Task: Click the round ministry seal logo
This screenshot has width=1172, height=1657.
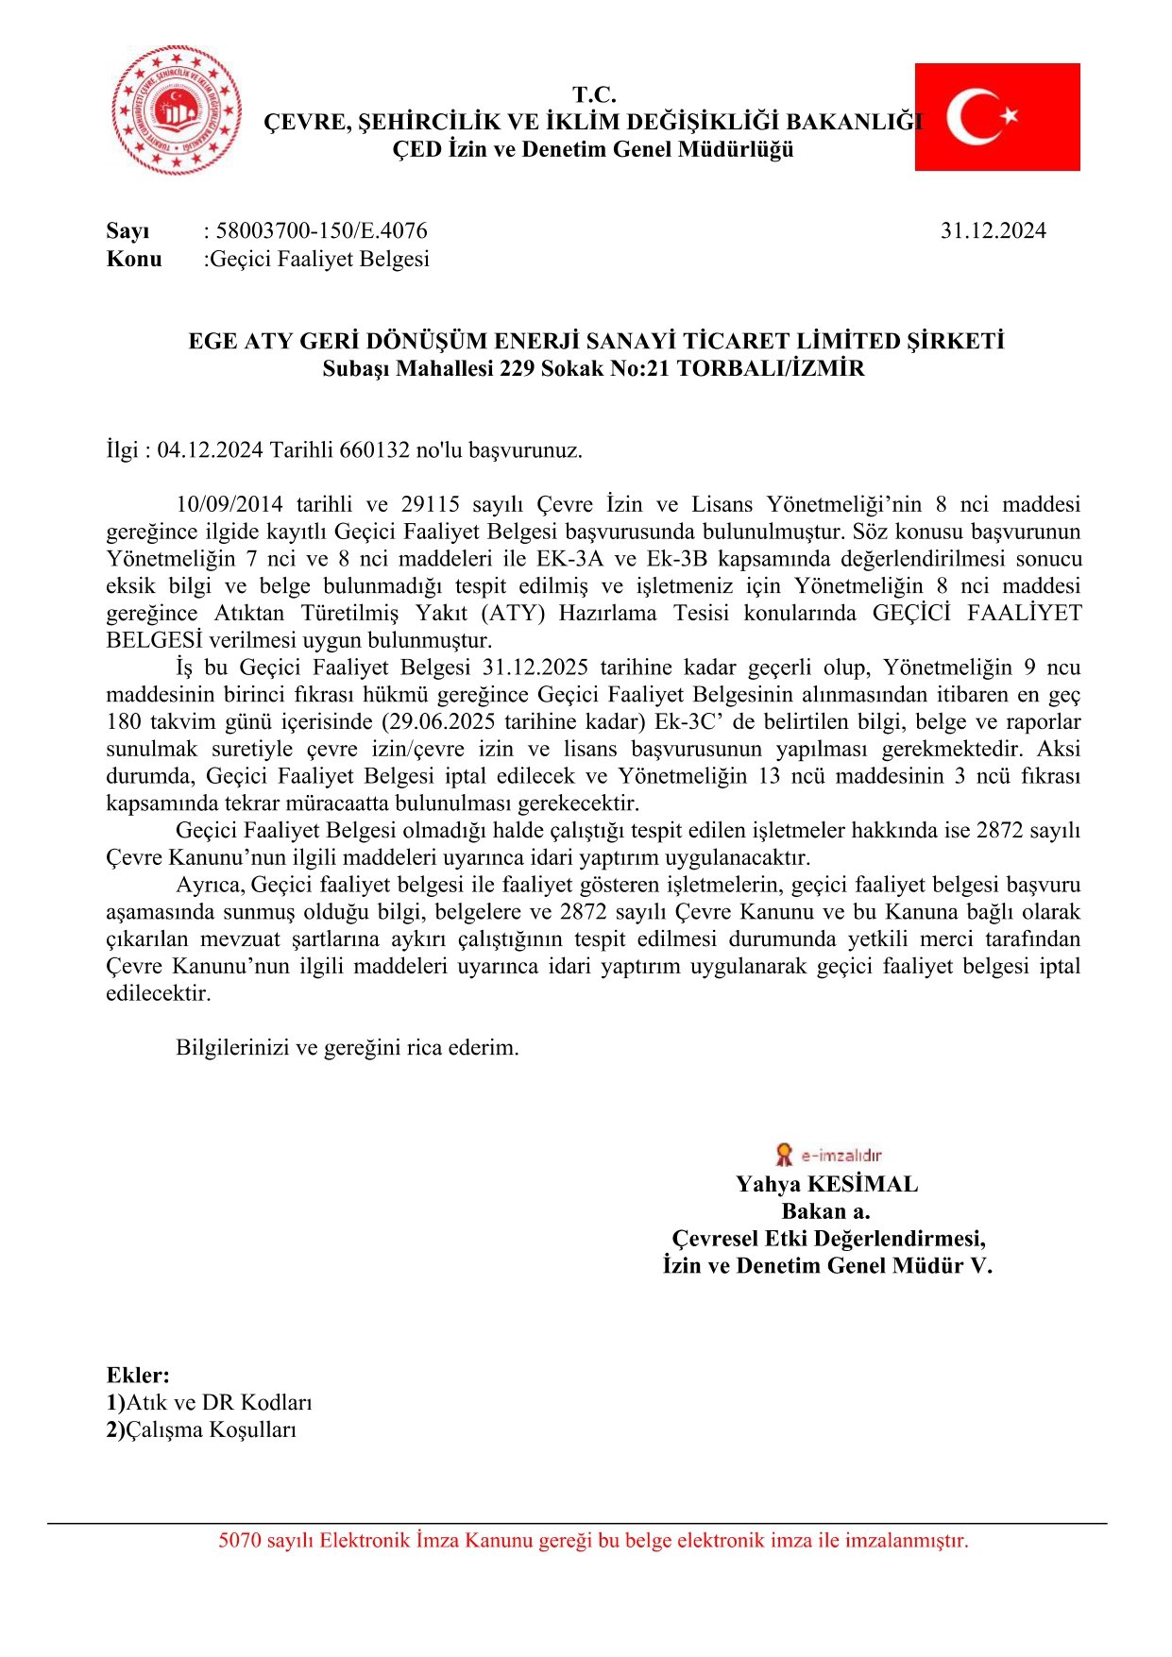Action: [x=177, y=110]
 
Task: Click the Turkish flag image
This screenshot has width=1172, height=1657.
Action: [x=996, y=117]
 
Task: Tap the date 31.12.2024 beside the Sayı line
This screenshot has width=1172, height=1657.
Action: [x=993, y=230]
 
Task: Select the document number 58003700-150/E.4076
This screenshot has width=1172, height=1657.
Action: [x=321, y=230]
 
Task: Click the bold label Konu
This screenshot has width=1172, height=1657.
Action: [x=134, y=259]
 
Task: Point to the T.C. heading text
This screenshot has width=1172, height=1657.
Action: [x=594, y=94]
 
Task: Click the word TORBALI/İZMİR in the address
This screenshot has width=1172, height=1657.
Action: [x=771, y=368]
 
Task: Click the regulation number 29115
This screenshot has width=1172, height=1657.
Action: [x=430, y=504]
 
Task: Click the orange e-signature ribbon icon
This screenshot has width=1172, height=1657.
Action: [x=783, y=1154]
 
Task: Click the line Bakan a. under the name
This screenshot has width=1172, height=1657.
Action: [x=825, y=1211]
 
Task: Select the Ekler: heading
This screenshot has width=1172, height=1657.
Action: [x=138, y=1375]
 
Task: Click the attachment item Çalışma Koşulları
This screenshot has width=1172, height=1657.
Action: [x=212, y=1429]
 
